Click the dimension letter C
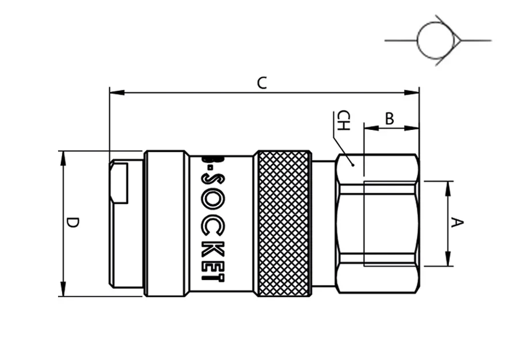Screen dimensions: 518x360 tap(262, 83)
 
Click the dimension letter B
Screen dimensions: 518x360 tap(390, 119)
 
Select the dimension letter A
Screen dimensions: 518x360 tap(457, 223)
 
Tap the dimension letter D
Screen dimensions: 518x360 tap(72, 223)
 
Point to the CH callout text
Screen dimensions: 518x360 tap(343, 120)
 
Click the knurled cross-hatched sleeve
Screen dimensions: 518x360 tap(283, 224)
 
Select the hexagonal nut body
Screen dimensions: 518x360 tap(378, 224)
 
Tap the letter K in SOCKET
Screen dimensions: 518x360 tap(213, 249)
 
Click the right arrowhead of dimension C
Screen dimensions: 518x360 tap(412, 93)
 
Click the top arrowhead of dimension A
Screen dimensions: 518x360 tap(448, 189)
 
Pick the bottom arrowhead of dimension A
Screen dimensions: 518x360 tap(448, 258)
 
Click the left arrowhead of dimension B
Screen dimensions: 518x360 tap(372, 128)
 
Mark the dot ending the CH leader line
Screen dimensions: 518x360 tap(353, 164)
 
